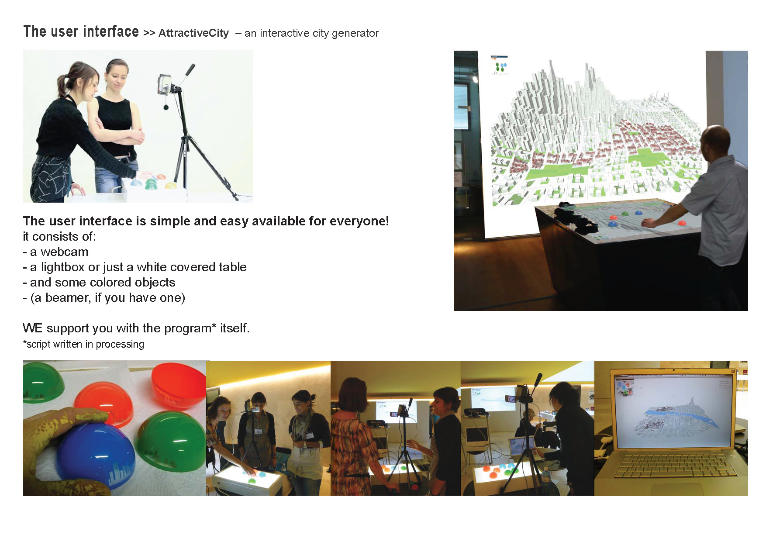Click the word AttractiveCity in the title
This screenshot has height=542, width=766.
193,33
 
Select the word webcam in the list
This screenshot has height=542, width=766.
65,252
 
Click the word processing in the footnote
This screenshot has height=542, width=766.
120,345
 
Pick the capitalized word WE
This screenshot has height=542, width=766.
33,328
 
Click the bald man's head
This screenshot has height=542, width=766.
716,141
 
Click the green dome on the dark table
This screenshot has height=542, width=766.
625,214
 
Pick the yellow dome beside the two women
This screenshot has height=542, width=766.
170,184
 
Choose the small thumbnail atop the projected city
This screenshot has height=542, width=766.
500,65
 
